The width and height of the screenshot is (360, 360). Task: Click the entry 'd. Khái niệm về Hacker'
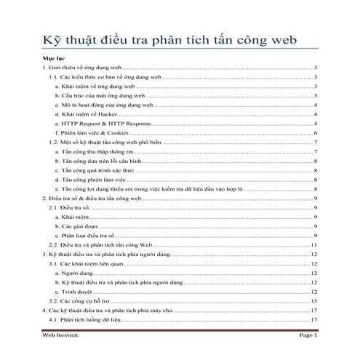pos(81,115)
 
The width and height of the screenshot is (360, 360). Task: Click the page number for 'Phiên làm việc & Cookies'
pos(314,134)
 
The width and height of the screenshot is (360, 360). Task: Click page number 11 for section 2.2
pos(313,247)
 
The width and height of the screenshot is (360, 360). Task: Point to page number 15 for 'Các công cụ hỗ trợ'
pos(313,300)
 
